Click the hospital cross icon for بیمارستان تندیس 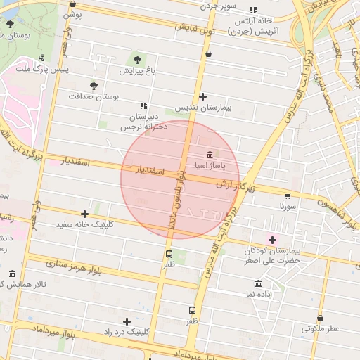tap(203, 96)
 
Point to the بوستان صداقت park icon tap(94, 84)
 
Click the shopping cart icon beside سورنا tap(287, 195)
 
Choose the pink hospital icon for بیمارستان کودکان tap(272, 240)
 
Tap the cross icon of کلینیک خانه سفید tap(85, 214)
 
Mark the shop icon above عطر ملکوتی tap(320, 318)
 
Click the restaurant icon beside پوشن tap(72, 4)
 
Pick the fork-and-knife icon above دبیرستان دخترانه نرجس tap(143, 105)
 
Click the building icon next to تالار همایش tap(12, 274)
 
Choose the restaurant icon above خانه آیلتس tap(253, 10)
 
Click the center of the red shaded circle tap(180, 179)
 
